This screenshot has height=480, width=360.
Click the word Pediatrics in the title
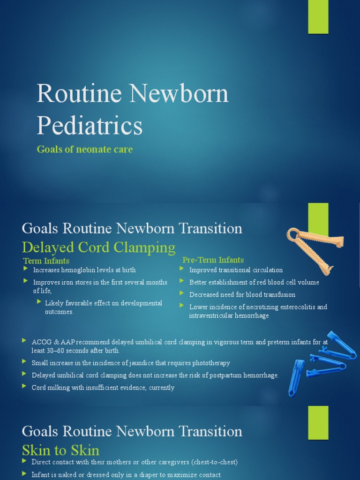(90, 126)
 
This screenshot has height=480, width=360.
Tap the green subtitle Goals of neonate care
(85, 150)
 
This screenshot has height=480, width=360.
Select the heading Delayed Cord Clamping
(98, 247)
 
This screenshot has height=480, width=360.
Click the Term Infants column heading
(46, 261)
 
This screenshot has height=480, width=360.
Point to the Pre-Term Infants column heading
(213, 260)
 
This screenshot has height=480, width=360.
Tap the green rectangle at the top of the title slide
(318, 17)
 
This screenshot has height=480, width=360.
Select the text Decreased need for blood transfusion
(242, 295)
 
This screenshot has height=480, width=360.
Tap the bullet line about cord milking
(103, 388)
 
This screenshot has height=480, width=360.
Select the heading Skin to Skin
(60, 450)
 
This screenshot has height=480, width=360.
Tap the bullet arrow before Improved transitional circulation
(182, 269)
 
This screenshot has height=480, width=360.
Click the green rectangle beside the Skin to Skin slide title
(318, 422)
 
